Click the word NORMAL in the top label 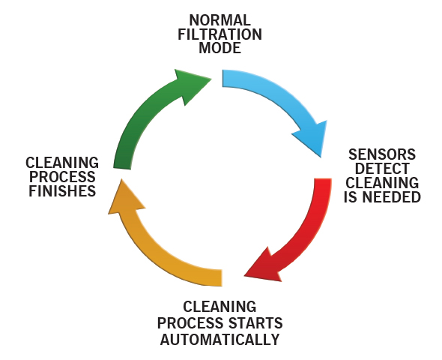point(220,20)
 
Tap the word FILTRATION point(220,34)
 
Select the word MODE point(220,48)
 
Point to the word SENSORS point(382,154)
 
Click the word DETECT point(382,169)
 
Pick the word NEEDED point(392,197)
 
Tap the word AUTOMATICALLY point(220,339)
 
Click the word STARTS point(255,323)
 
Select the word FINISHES point(62,191)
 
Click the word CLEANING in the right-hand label point(382,182)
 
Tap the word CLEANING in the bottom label point(220,307)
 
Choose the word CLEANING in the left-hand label point(62,163)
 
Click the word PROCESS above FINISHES point(62,177)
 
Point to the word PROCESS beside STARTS point(191,323)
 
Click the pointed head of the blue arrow point(321,157)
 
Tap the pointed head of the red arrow point(244,276)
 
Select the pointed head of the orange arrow point(121,179)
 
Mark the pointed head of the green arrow point(211,79)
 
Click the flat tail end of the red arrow point(323,178)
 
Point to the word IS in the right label point(351,197)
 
